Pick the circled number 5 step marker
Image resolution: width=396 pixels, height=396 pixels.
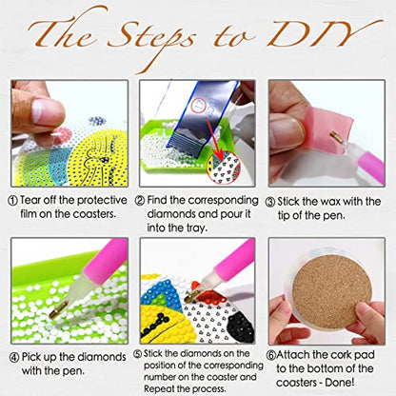140,353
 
